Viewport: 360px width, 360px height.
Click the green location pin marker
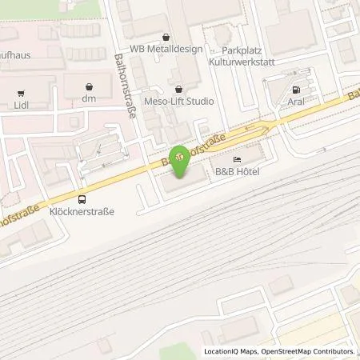[179, 160]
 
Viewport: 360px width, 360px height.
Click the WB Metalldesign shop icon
[165, 38]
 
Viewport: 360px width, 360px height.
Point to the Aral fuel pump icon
[298, 90]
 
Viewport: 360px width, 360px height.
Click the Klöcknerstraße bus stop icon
[82, 200]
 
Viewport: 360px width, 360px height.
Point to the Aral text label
[298, 104]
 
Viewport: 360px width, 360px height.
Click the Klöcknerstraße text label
[82, 213]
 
